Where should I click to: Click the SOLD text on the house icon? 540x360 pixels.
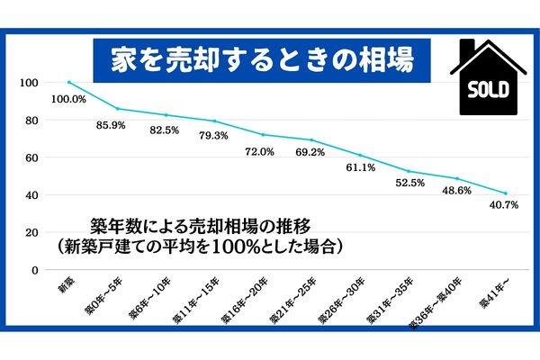[489, 90]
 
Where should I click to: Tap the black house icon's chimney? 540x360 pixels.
[465, 49]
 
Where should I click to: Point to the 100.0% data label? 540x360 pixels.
[68, 98]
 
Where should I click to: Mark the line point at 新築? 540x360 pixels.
[69, 83]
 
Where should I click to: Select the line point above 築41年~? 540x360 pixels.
[506, 193]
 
